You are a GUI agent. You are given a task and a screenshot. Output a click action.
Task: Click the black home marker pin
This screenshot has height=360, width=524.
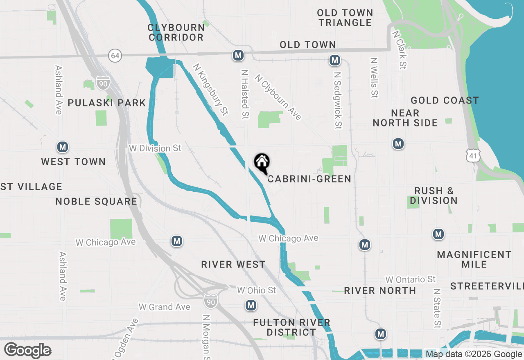(262, 162)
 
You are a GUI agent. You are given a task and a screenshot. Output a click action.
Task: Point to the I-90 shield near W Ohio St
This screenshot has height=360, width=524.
(210, 301)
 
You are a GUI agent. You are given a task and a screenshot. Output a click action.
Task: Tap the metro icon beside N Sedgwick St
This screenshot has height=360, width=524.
(335, 61)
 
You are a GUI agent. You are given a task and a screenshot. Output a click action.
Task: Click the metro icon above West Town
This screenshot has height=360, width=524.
(62, 147)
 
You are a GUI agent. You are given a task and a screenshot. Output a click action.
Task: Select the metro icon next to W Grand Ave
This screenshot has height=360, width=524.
(251, 305)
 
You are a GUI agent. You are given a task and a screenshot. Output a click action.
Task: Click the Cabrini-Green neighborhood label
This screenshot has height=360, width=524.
(309, 179)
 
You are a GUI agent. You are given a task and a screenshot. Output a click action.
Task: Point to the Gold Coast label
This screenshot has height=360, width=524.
(445, 100)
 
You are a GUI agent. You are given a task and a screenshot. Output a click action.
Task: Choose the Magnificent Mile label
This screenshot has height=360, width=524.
(474, 259)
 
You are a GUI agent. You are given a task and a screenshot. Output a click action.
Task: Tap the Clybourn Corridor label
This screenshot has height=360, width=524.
(176, 32)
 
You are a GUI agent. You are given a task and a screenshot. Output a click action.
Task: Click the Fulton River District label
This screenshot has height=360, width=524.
(291, 327)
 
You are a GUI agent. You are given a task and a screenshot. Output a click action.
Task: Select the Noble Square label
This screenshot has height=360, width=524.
(96, 201)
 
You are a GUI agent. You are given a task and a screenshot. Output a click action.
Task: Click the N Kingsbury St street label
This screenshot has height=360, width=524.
(210, 89)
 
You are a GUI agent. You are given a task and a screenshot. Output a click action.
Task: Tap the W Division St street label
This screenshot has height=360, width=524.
(155, 148)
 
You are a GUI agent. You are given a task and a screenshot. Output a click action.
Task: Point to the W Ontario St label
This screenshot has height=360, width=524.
(411, 279)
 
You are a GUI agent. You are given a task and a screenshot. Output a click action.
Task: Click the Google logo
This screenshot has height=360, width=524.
(27, 350)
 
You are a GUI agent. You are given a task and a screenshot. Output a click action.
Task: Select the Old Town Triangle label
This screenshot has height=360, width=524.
(345, 18)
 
